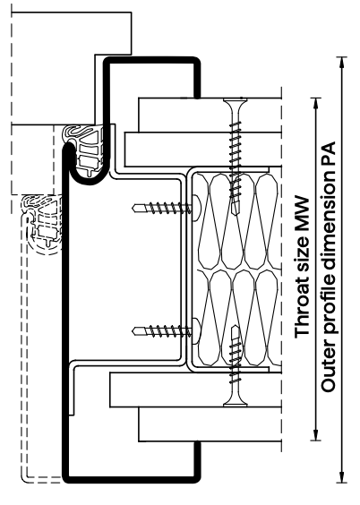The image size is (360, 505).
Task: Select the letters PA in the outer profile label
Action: (329, 153)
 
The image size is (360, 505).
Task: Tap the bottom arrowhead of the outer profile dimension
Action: (342, 477)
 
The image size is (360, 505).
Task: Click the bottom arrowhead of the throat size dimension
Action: (316, 434)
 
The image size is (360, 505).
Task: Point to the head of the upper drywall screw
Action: (236, 102)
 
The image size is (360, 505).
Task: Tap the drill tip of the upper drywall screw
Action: (236, 210)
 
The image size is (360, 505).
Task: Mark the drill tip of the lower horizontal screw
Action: (135, 330)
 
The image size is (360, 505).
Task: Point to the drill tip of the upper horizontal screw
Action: (135, 208)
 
